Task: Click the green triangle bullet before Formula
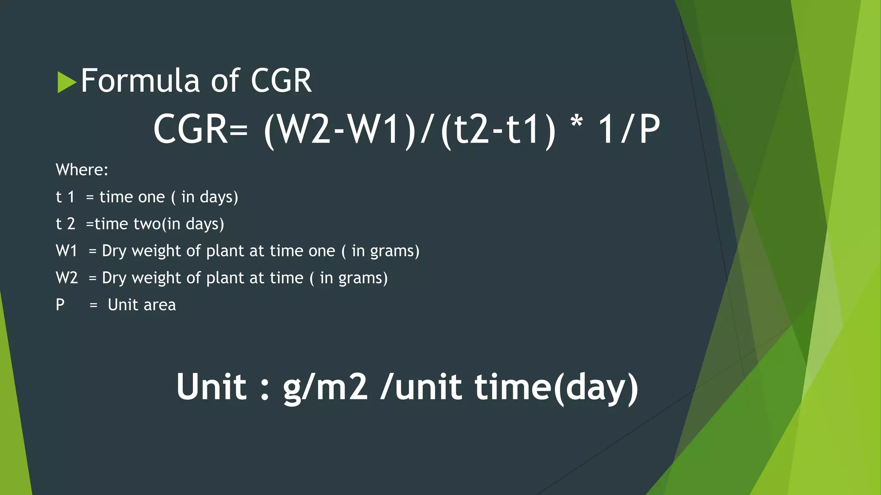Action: [67, 82]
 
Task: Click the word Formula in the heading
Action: [140, 81]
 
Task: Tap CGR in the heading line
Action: [281, 81]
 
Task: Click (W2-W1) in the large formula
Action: [340, 130]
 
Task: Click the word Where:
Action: [82, 170]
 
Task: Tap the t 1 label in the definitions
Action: [65, 197]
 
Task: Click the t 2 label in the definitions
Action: [65, 224]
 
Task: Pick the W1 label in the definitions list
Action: [66, 251]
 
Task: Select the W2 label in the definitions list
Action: [67, 278]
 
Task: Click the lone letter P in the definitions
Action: [60, 305]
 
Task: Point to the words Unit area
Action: [142, 305]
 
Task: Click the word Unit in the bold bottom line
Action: [211, 387]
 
